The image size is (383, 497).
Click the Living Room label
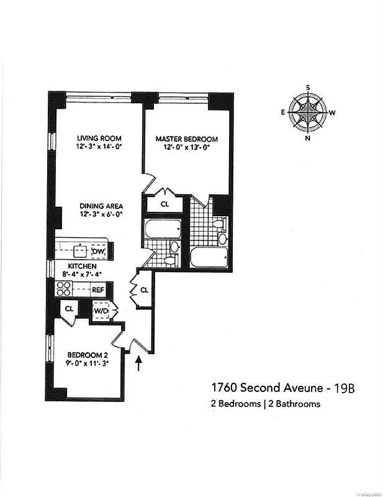click(x=99, y=138)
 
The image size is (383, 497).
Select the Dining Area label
click(x=101, y=206)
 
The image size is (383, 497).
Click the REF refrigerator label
click(x=98, y=290)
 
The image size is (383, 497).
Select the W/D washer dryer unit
click(x=101, y=310)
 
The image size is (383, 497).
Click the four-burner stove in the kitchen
click(x=64, y=289)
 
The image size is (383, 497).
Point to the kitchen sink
click(x=80, y=251)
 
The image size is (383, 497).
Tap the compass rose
click(x=308, y=112)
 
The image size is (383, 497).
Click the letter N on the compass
click(x=308, y=139)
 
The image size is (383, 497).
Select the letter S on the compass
click(x=308, y=88)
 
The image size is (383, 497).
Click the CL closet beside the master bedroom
click(x=165, y=203)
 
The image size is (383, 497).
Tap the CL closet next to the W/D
click(x=69, y=308)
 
